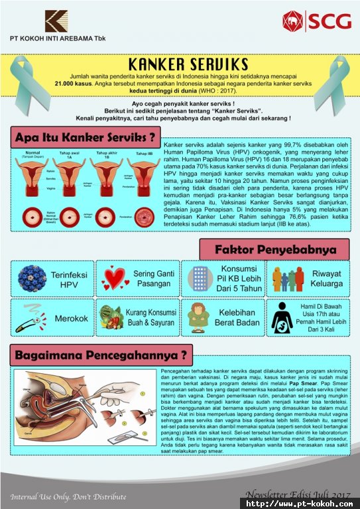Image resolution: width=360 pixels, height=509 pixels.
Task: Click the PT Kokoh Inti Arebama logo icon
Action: tap(56, 21)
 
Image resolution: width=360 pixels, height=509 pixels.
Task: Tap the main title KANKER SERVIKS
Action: tap(179, 64)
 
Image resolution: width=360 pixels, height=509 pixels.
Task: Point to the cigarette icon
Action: tap(31, 320)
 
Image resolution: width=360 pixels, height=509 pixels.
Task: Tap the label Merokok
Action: tap(71, 318)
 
